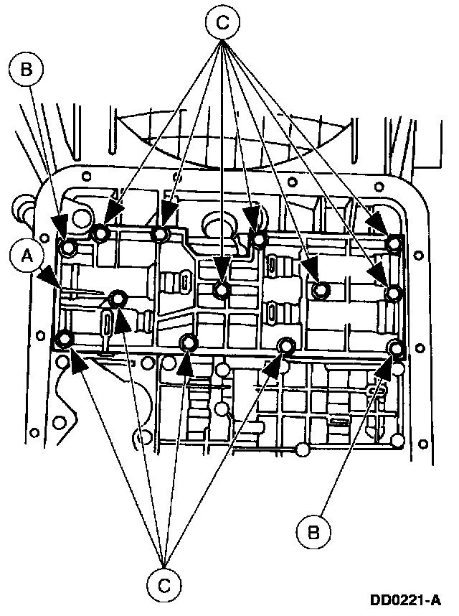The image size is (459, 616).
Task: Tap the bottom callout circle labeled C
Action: (164, 586)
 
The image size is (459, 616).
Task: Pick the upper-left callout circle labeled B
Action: (27, 70)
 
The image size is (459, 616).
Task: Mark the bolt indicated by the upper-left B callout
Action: (68, 248)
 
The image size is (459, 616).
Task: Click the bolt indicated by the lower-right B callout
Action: (395, 348)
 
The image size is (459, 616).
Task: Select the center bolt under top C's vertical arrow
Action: (222, 289)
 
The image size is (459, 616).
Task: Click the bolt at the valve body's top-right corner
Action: (394, 244)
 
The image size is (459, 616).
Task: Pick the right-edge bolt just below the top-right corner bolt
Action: (394, 293)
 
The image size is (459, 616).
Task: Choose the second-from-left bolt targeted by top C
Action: (159, 234)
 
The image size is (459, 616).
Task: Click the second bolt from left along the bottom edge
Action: (189, 342)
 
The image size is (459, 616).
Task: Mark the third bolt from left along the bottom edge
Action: (286, 346)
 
